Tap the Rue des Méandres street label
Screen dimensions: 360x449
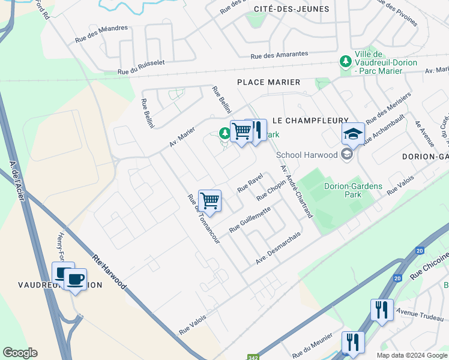[101, 34]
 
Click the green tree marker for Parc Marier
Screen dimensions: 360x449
[346, 61]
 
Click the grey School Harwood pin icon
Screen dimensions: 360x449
[346, 155]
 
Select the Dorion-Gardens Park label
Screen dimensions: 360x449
[353, 190]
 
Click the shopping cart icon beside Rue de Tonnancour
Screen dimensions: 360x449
[209, 200]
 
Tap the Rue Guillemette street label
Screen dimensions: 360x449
[250, 220]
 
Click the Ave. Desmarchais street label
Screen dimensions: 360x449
[277, 248]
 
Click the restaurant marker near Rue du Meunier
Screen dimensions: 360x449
[353, 342]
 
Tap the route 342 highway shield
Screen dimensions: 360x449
[253, 356]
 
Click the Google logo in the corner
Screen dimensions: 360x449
[20, 353]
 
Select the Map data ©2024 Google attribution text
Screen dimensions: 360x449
[412, 355]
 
